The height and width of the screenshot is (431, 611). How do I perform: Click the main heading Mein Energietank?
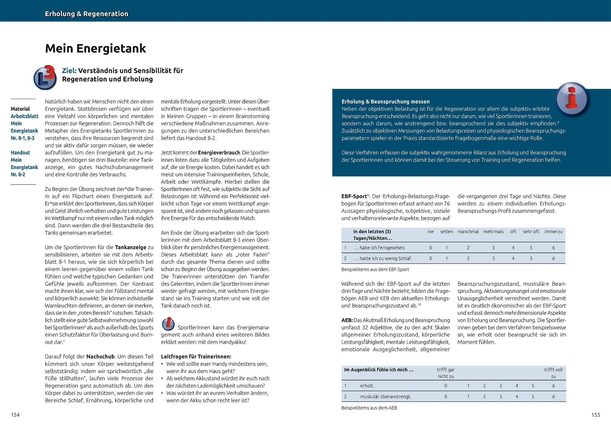[x=96, y=49]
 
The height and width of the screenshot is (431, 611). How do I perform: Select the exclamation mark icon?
[x=168, y=324]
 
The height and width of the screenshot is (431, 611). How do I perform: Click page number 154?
[x=15, y=415]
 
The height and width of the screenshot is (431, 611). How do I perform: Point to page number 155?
[x=596, y=415]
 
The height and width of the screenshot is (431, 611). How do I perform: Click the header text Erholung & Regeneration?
[x=87, y=14]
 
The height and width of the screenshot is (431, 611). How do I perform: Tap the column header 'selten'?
[x=446, y=232]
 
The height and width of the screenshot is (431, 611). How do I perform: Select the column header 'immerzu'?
[x=553, y=232]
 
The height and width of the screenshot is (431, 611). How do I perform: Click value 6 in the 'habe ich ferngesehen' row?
[x=553, y=248]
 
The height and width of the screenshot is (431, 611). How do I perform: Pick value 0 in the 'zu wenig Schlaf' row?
[x=430, y=258]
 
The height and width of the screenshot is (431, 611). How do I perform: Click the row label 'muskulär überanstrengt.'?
[x=386, y=397]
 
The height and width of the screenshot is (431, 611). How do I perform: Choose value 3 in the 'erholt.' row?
[x=500, y=386]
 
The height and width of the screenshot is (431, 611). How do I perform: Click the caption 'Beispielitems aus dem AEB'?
[x=369, y=408]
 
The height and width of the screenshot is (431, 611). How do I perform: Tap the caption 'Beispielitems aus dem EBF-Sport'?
[x=375, y=270]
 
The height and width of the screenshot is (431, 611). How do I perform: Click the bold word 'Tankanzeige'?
[x=131, y=247]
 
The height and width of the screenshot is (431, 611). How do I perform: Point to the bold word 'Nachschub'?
[x=100, y=357]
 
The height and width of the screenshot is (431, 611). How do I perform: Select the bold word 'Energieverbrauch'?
[x=219, y=153]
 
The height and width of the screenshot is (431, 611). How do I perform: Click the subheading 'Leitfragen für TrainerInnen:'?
[x=196, y=357]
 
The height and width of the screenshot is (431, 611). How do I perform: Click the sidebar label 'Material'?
[x=20, y=109]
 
